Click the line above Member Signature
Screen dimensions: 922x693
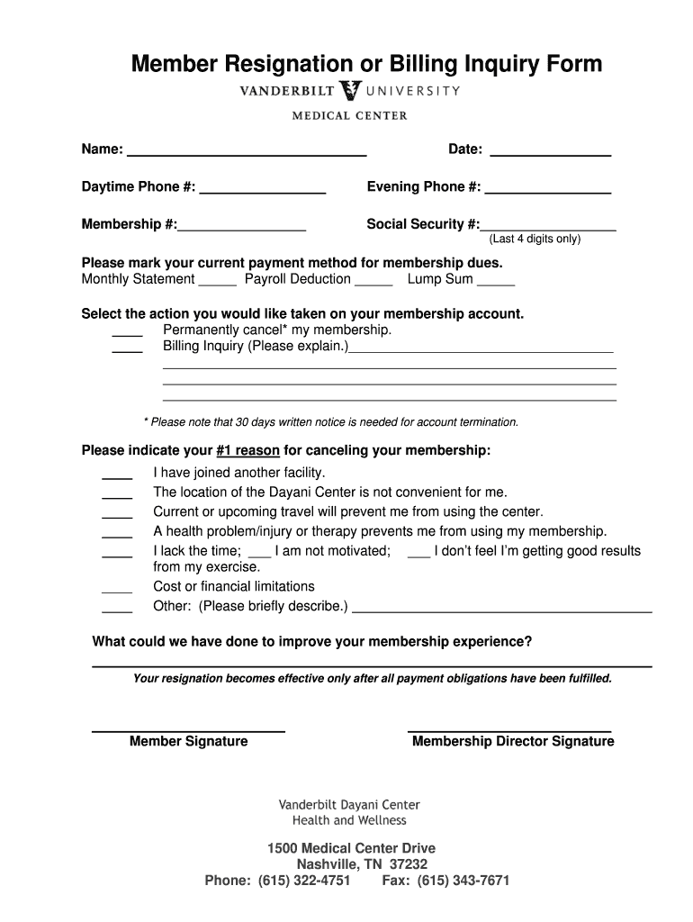coord(188,728)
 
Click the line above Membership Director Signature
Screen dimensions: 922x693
coord(509,728)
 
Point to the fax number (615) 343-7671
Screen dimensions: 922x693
coord(463,881)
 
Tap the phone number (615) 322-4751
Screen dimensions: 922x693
coord(304,881)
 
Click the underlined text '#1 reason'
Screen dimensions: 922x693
coord(247,450)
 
